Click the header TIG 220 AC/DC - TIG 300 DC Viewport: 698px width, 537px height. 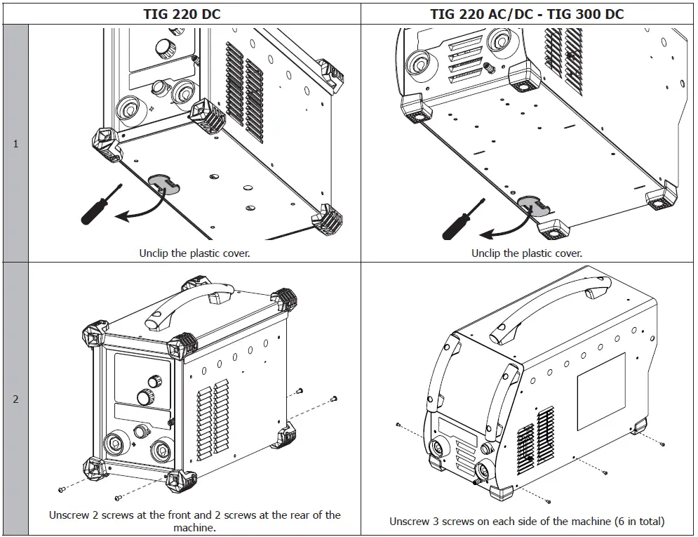coord(526,13)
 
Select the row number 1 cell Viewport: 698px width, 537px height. coord(15,144)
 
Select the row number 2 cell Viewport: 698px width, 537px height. coord(15,399)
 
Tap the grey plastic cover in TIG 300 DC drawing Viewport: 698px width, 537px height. coord(535,203)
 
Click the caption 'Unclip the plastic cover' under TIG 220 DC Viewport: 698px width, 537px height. coord(194,253)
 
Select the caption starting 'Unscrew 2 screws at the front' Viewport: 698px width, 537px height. coord(194,521)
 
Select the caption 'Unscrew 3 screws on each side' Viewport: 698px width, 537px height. coord(526,521)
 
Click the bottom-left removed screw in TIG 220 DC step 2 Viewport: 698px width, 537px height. coord(62,489)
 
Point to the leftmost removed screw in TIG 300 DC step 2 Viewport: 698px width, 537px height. coord(398,425)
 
